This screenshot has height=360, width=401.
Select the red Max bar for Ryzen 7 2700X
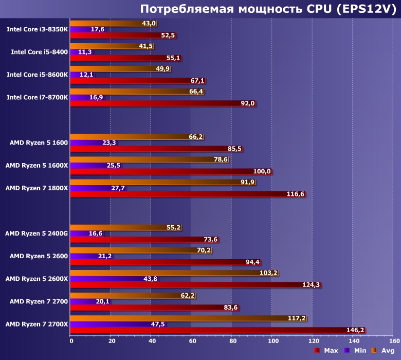(216, 330)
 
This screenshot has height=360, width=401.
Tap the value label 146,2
(355, 330)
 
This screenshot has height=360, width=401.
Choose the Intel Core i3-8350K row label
(37, 29)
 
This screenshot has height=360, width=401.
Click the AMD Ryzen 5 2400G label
(36, 233)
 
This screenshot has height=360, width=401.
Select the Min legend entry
(356, 350)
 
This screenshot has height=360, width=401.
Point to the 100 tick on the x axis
(271, 340)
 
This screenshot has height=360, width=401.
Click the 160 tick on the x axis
(393, 340)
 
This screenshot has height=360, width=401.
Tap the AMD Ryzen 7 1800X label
(36, 188)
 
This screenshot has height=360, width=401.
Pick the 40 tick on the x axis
(151, 340)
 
